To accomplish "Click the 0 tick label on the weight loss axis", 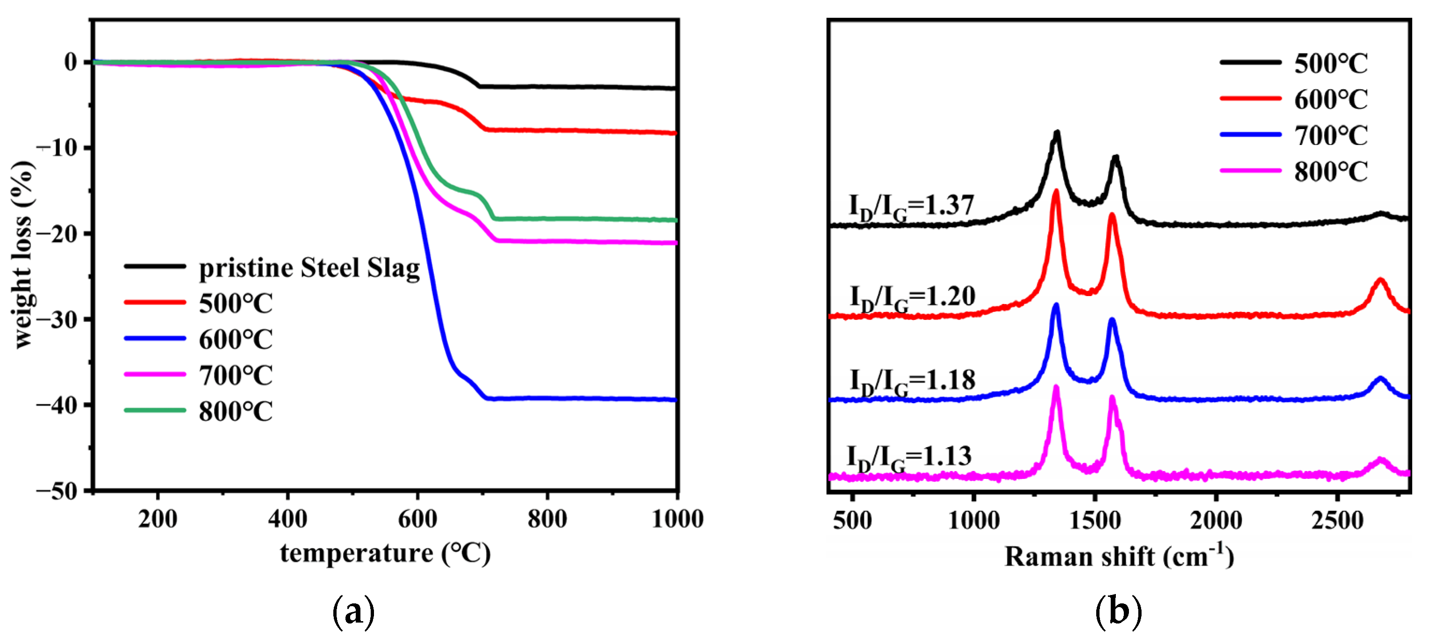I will (71, 62).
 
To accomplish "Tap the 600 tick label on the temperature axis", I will (417, 519).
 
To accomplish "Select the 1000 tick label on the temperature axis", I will (677, 519).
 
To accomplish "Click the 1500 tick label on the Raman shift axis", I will (1094, 520).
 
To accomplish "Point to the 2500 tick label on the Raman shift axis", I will (1337, 520).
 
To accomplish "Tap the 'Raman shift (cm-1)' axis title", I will (1119, 556).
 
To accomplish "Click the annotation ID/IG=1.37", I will (911, 207).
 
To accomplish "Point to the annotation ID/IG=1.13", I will (909, 457).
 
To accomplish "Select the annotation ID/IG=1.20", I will (912, 297).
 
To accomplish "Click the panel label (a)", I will (353, 612).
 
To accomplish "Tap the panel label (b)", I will (1118, 612).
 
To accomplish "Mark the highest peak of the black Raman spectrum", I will (1057, 133).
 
